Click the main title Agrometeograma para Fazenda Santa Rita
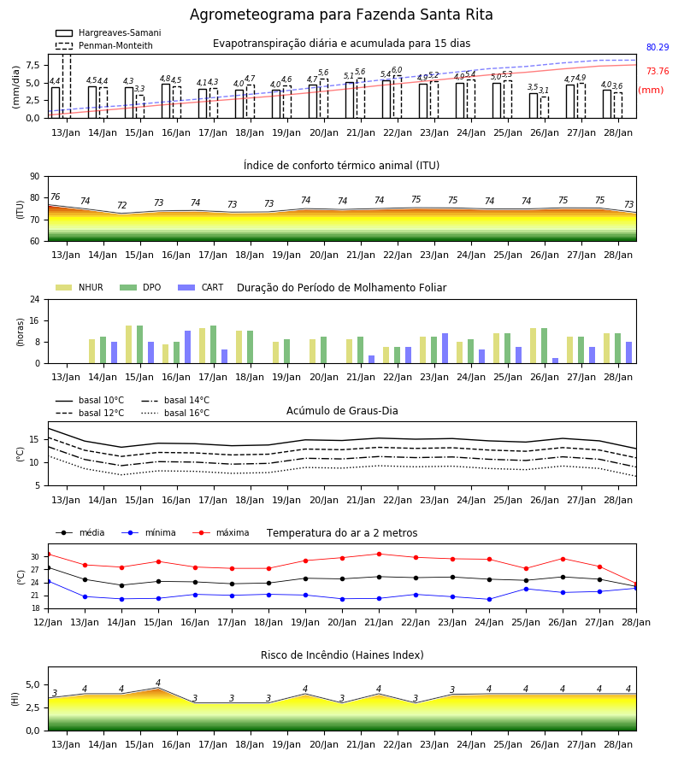341,15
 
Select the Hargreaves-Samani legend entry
109,32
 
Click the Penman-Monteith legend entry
104,45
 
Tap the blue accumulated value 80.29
657,48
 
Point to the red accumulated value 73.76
657,72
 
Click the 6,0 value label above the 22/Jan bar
397,70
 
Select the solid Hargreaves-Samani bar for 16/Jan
166,101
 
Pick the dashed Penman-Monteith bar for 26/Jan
545,108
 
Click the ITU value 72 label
121,205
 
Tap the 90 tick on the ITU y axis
35,177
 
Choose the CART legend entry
201,287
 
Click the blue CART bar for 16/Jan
187,347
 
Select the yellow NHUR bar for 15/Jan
128,344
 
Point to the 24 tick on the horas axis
35,299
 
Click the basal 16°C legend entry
175,413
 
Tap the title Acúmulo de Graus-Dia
342,411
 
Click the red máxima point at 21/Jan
379,555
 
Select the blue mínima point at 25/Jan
526,589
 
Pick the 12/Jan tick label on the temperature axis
48,622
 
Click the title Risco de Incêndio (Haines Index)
342,655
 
